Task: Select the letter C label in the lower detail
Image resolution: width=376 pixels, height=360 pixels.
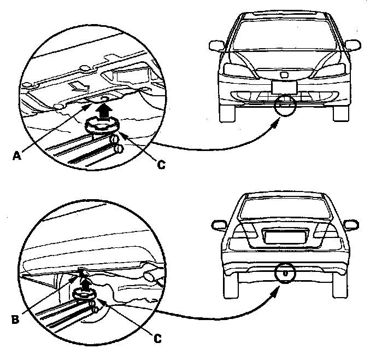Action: (x=158, y=339)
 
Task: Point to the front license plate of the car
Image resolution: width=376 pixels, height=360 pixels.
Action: (x=284, y=86)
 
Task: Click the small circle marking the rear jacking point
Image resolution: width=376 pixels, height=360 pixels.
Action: (x=285, y=272)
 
